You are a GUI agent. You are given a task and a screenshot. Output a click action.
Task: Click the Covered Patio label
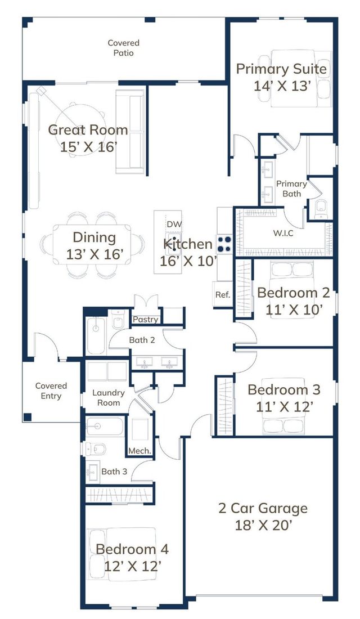[124, 48]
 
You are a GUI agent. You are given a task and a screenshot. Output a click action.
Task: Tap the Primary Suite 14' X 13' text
[281, 77]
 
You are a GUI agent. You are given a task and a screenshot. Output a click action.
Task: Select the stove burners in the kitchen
[224, 244]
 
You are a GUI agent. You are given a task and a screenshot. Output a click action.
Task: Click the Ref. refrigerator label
[223, 294]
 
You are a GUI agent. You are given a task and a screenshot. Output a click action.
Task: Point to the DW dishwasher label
[174, 224]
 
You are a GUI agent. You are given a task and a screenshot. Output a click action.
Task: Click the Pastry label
[145, 320]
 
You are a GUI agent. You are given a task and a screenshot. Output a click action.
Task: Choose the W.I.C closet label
[283, 233]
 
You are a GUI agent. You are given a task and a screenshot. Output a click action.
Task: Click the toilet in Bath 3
[96, 449]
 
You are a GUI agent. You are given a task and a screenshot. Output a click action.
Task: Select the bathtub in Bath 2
[96, 335]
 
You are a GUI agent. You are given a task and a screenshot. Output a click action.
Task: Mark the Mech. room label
[139, 451]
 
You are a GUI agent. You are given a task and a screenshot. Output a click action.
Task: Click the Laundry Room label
[109, 398]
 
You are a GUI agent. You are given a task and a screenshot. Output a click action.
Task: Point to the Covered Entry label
[51, 391]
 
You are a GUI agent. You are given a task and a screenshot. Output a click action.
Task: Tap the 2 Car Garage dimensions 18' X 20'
[263, 526]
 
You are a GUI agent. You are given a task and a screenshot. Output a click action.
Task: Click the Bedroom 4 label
[132, 549]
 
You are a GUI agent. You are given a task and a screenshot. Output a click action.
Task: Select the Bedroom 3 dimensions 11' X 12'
[285, 406]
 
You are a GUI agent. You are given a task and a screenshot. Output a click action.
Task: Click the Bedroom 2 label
[293, 293]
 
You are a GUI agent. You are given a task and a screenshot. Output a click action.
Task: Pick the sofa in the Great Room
[130, 132]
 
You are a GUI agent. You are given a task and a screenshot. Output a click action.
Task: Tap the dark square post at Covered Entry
[27, 417]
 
